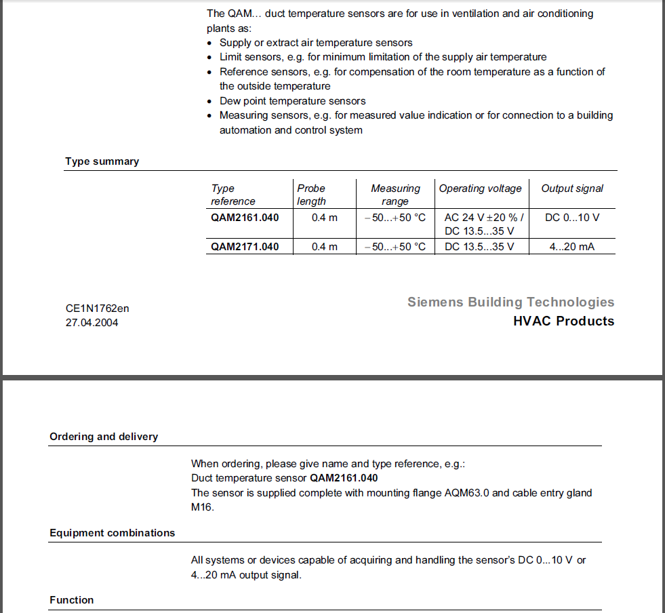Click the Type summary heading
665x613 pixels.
102,161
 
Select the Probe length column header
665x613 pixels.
311,195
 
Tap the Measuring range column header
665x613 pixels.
395,195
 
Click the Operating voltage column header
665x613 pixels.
481,189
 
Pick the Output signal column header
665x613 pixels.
572,189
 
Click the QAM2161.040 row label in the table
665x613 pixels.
245,218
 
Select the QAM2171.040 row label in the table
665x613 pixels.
245,246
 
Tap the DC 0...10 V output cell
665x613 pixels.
572,218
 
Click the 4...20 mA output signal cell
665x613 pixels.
572,246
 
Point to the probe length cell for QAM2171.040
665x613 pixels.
325,246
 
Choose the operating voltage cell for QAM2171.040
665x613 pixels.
479,246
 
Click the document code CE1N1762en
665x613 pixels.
97,309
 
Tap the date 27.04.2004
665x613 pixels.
92,323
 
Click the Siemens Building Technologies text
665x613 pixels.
510,302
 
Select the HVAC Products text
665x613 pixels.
563,321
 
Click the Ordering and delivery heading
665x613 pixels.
104,437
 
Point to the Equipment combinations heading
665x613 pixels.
112,533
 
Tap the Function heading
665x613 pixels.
72,600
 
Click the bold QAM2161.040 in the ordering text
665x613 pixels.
344,478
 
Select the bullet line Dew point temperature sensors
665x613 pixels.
292,101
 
